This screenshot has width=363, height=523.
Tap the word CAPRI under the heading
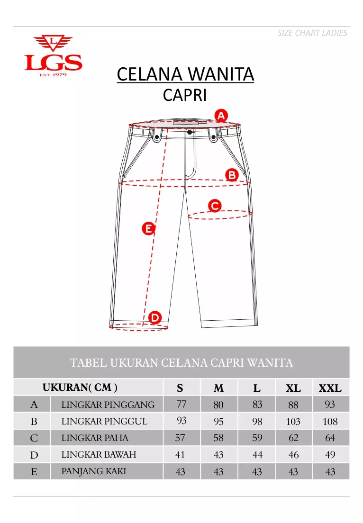point(185,95)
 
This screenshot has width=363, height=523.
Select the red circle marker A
point(221,115)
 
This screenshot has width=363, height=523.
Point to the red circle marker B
point(232,175)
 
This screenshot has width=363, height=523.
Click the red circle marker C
point(215,206)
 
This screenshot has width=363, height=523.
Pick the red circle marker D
point(155,317)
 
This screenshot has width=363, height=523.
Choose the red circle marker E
point(149,229)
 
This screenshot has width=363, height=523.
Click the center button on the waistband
point(190,132)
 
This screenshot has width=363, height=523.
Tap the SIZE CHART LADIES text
point(312,33)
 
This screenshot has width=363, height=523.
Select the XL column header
point(293,388)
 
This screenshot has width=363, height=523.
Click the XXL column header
point(330,388)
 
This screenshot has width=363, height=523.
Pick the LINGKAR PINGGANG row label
point(108,405)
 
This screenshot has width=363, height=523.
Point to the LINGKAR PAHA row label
point(95,438)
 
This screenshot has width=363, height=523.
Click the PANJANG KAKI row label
point(94,471)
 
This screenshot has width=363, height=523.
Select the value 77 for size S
point(181,404)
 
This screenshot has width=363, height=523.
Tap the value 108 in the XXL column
point(330,422)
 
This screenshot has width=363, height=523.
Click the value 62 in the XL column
point(294,438)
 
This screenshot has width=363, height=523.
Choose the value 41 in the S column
point(180,455)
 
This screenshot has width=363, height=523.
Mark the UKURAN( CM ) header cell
point(80,388)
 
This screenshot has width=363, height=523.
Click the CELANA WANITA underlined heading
point(185,74)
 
